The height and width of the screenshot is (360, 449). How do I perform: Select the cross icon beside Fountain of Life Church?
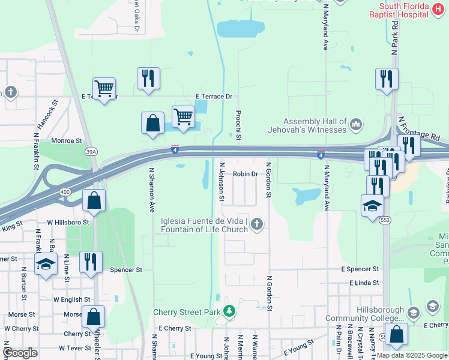click(256, 224)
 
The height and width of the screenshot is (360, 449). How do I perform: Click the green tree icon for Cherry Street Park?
click(228, 311)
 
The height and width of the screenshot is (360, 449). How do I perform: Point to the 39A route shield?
click(91, 152)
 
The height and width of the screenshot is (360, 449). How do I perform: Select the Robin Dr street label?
click(245, 174)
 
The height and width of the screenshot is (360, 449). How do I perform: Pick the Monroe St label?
click(67, 141)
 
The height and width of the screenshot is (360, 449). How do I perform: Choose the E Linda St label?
click(360, 283)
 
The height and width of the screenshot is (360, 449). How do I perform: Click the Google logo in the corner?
click(20, 352)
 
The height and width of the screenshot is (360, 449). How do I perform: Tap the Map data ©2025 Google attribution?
click(412, 355)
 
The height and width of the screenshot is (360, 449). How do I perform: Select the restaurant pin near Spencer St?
click(91, 262)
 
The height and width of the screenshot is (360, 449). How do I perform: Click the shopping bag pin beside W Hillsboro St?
click(94, 200)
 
